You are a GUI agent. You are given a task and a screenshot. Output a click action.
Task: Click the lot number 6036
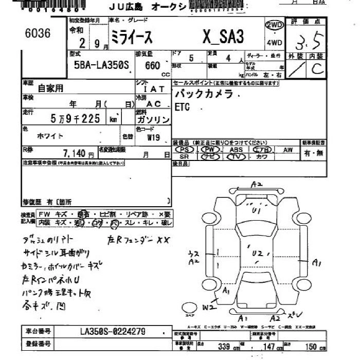(38, 34)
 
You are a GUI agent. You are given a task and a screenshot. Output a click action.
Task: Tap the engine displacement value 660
(153, 65)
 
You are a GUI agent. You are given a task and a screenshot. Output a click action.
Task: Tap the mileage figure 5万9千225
(75, 119)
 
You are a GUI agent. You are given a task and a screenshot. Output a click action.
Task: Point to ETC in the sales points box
(182, 107)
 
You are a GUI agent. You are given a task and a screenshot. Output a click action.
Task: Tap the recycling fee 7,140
(75, 153)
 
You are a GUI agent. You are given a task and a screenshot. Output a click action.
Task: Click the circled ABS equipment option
(236, 149)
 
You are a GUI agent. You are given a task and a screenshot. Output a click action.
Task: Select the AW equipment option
(287, 149)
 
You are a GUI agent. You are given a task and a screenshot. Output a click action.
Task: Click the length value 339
(224, 347)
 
